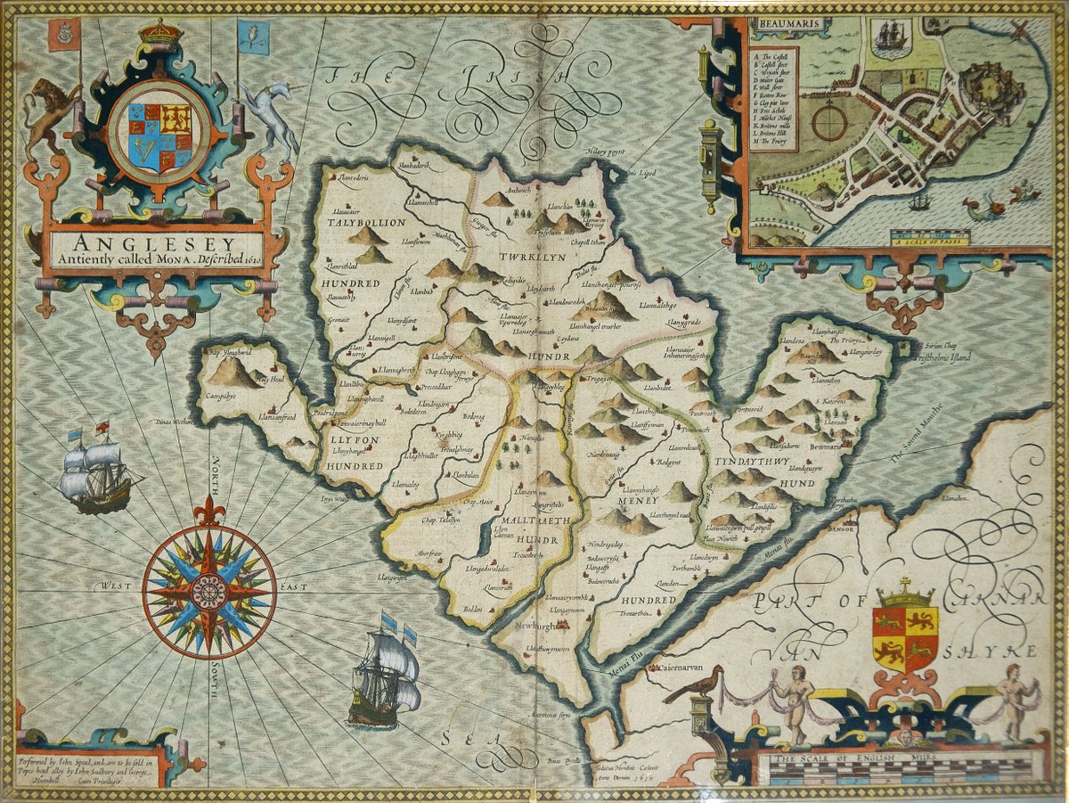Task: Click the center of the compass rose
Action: click(209, 590)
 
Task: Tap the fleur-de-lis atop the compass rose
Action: click(209, 512)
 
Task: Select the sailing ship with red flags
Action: click(96, 471)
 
